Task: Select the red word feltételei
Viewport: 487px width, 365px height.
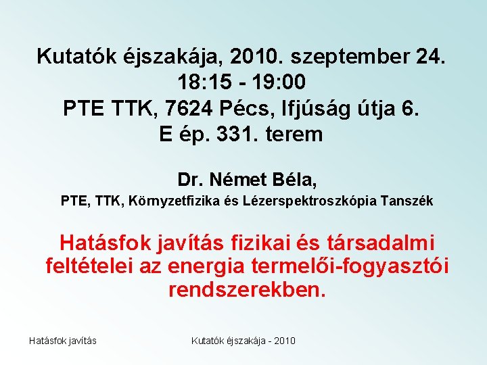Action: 89,266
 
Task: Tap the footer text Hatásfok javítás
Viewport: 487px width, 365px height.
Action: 63,340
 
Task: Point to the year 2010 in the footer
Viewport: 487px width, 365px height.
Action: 282,340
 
